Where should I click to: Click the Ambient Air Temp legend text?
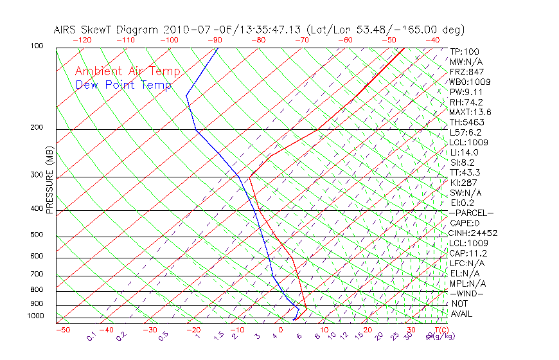pyautogui.click(x=127, y=71)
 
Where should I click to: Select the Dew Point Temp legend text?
pyautogui.click(x=123, y=85)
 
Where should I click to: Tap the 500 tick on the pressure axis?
pyautogui.click(x=36, y=235)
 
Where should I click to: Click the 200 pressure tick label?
pyautogui.click(x=36, y=128)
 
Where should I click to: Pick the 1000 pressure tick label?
pyautogui.click(x=35, y=316)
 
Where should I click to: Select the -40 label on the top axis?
pyautogui.click(x=432, y=40)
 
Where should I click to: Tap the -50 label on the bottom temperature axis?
pyautogui.click(x=62, y=330)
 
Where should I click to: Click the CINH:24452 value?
pyautogui.click(x=474, y=233)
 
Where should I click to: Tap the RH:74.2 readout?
pyautogui.click(x=466, y=102)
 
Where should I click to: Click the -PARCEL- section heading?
pyautogui.click(x=471, y=213)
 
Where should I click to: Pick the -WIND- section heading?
pyautogui.click(x=467, y=293)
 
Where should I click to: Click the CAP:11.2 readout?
pyautogui.click(x=467, y=253)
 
